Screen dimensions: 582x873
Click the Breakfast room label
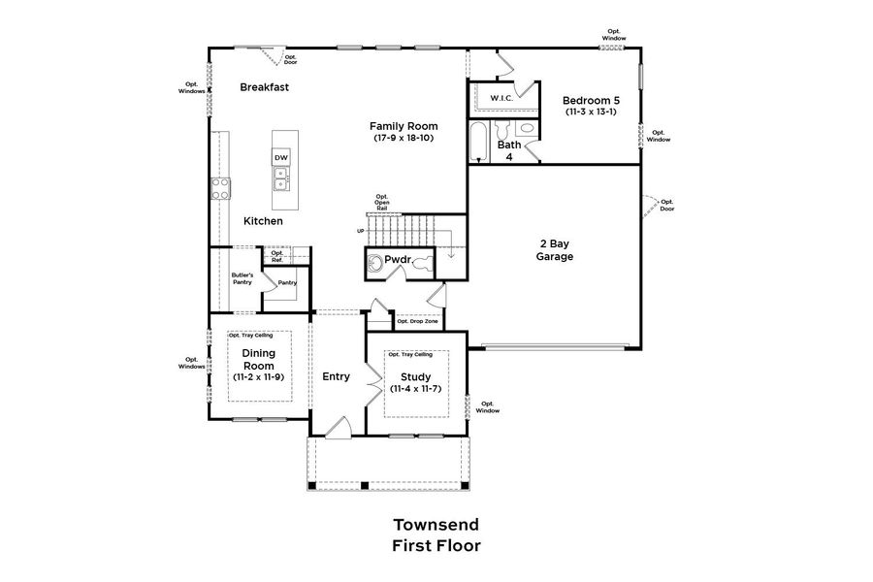point(265,87)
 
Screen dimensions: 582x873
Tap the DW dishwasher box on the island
point(280,157)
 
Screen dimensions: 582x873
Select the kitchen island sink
point(280,178)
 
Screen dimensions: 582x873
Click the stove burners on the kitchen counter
point(221,186)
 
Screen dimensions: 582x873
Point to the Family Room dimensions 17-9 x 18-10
point(404,139)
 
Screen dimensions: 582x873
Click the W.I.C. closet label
point(501,99)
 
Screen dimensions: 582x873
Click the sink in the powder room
point(375,261)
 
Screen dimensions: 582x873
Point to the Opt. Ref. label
point(277,256)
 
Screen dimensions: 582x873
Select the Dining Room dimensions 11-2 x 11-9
point(258,376)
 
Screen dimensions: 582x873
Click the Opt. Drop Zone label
point(416,321)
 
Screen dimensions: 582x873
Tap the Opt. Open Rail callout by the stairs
point(382,202)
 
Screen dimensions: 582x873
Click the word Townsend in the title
point(436,524)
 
